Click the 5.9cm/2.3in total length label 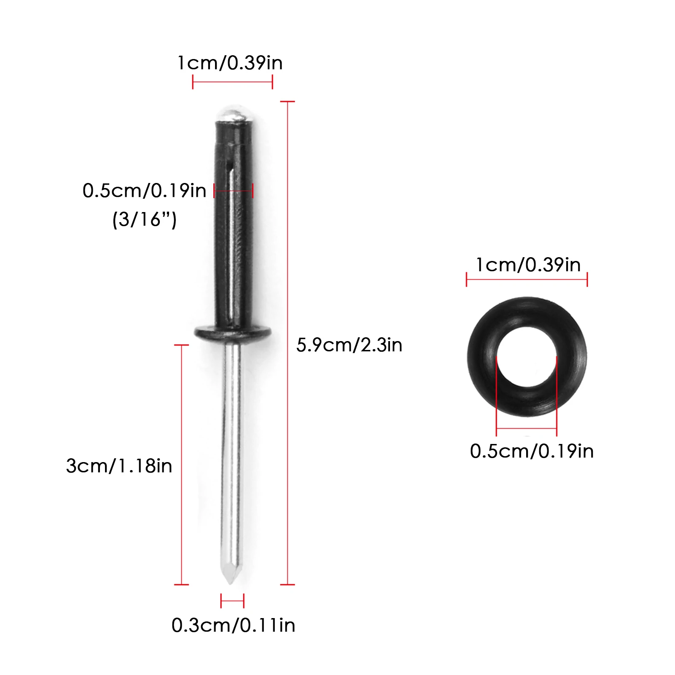pos(349,345)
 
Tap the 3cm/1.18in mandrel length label pos(119,466)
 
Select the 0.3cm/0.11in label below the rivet pos(233,625)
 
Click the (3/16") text pos(144,220)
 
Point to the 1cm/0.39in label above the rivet pos(230,63)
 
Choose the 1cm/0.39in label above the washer pos(528,265)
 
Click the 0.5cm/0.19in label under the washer pos(532,451)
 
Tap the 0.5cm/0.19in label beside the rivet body pos(144,191)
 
